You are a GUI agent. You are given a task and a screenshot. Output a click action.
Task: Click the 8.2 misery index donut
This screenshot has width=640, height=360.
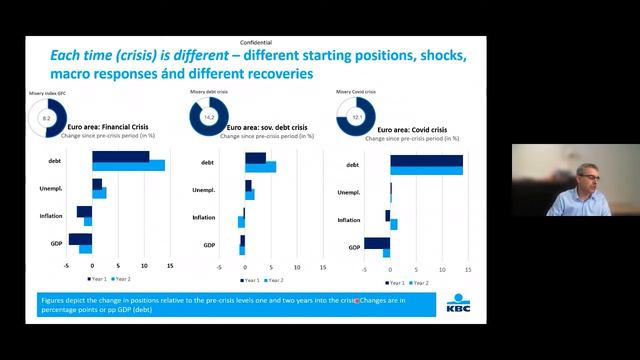pos(46,119)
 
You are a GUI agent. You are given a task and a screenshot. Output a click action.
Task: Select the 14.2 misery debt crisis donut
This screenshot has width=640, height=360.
pos(210,117)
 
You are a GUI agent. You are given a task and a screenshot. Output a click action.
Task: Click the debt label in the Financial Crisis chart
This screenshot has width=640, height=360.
pos(53,160)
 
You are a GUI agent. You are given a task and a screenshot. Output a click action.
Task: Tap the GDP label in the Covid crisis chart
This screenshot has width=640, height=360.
pos(354,247)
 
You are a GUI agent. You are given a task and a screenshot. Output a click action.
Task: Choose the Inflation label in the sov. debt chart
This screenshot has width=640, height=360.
pos(204,217)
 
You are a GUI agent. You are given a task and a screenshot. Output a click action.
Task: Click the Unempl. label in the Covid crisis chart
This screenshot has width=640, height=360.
pos(349,191)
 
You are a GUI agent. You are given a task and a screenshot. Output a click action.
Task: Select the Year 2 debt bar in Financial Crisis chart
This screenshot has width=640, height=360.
pos(128,166)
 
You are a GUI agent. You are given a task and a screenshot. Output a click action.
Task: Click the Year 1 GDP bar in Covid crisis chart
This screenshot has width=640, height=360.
pos(377,242)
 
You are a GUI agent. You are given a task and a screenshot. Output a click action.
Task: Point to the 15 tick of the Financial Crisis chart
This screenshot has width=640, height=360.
pos(170,266)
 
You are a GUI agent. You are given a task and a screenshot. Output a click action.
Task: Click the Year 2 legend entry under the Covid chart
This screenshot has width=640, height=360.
pos(419,283)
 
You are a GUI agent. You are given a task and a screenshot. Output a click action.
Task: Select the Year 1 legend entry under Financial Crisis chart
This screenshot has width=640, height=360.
pos(96,279)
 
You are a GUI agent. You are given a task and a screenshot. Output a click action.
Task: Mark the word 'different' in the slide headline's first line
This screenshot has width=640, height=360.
pos(185,56)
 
